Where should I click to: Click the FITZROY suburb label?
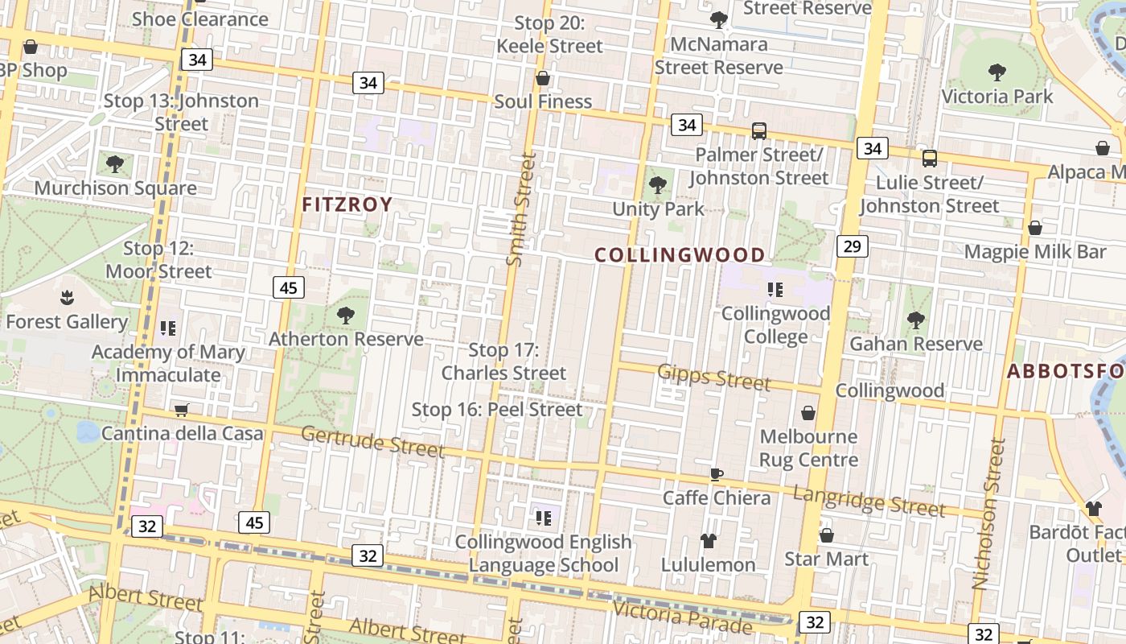click(347, 204)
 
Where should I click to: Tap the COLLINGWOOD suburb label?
click(680, 255)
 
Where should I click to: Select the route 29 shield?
click(853, 246)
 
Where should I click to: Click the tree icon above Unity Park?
click(658, 185)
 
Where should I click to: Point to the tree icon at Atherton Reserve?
click(346, 316)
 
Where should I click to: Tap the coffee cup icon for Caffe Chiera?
click(716, 473)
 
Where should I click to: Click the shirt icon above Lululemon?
click(708, 540)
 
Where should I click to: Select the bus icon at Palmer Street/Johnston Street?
click(758, 131)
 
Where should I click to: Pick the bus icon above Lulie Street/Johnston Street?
click(930, 159)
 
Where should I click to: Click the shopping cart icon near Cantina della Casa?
click(182, 411)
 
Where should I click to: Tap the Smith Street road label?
click(519, 209)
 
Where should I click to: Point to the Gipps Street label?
click(714, 376)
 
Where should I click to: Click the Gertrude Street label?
click(372, 441)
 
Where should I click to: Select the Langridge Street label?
click(869, 501)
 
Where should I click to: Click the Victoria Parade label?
click(682, 617)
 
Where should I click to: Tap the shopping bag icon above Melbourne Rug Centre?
click(808, 413)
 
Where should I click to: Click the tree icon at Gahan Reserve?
click(915, 320)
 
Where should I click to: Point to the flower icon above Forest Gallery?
click(67, 299)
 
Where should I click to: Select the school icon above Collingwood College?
click(775, 290)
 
